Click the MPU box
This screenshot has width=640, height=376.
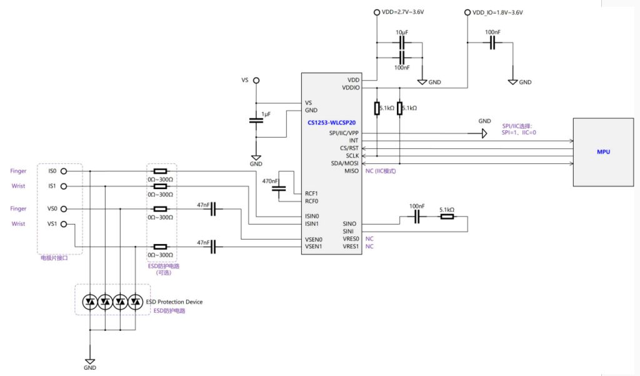click(x=603, y=152)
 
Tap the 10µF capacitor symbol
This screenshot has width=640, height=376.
click(x=402, y=43)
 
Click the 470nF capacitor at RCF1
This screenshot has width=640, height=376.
click(x=280, y=188)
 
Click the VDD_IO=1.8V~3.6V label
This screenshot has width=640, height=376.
click(x=497, y=13)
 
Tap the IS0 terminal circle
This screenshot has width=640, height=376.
click(x=63, y=171)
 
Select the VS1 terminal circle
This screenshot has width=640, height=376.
click(x=63, y=224)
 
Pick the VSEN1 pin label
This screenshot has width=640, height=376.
click(x=313, y=247)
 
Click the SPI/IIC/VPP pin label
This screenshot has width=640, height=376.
click(x=344, y=133)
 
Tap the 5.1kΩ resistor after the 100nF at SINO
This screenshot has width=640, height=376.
click(x=447, y=217)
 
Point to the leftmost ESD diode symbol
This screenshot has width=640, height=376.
click(x=90, y=302)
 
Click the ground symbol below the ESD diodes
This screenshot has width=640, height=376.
click(x=90, y=361)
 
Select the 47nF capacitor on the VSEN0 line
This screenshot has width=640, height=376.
click(x=214, y=209)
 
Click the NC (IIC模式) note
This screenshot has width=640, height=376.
click(x=380, y=171)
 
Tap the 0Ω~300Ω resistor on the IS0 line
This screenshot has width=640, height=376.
click(x=161, y=171)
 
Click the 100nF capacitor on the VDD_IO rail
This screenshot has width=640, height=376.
click(x=492, y=43)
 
